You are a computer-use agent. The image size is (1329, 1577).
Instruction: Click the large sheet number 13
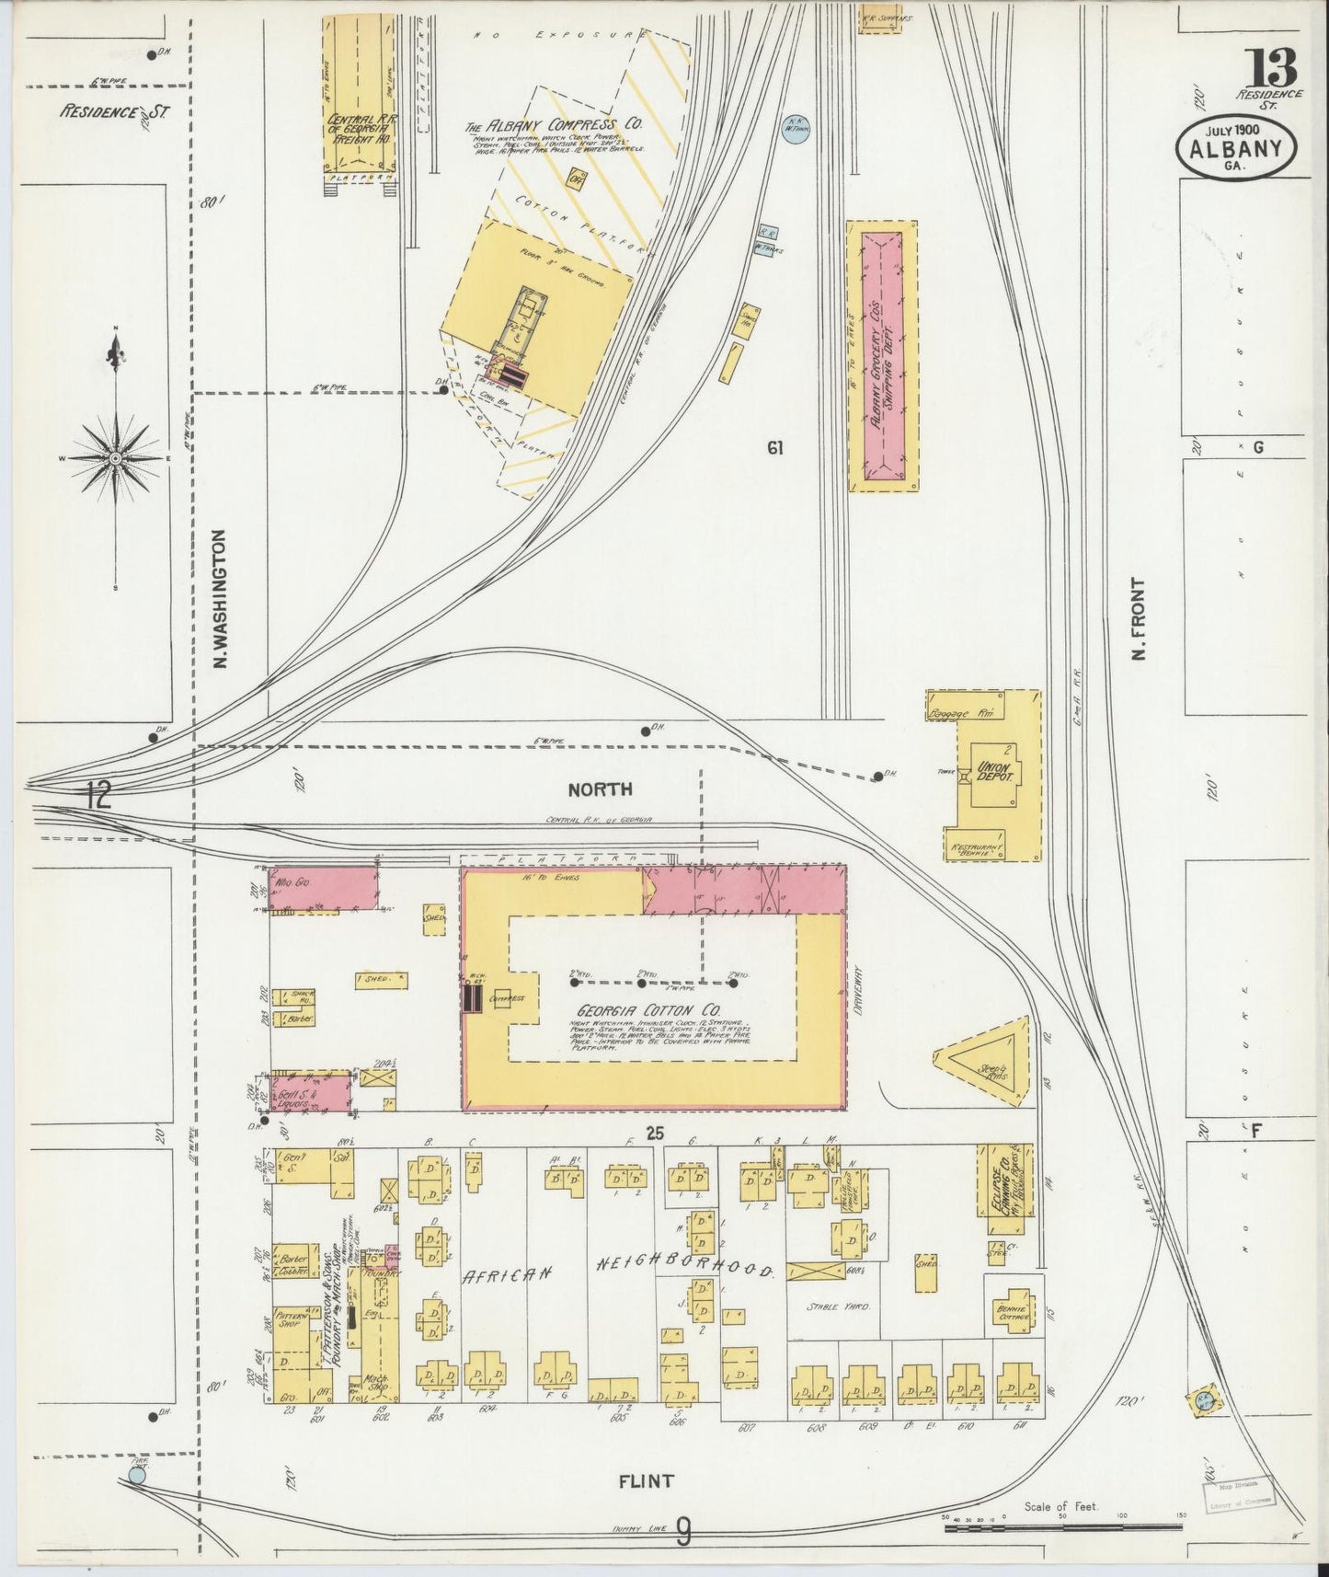(x=1273, y=67)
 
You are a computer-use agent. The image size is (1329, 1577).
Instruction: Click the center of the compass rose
(x=116, y=457)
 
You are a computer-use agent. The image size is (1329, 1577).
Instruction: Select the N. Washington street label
(x=220, y=598)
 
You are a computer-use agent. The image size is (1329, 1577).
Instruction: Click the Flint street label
(x=646, y=1481)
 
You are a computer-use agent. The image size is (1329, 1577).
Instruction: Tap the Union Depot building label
(x=994, y=771)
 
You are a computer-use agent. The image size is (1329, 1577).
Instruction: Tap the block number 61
(x=775, y=448)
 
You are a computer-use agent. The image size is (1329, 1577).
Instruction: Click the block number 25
(x=654, y=1133)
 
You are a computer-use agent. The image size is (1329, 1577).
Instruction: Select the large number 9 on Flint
(x=683, y=1531)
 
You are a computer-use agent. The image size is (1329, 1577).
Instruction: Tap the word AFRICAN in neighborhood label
(x=506, y=1274)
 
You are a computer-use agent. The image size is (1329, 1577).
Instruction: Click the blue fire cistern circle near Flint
(x=137, y=1475)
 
